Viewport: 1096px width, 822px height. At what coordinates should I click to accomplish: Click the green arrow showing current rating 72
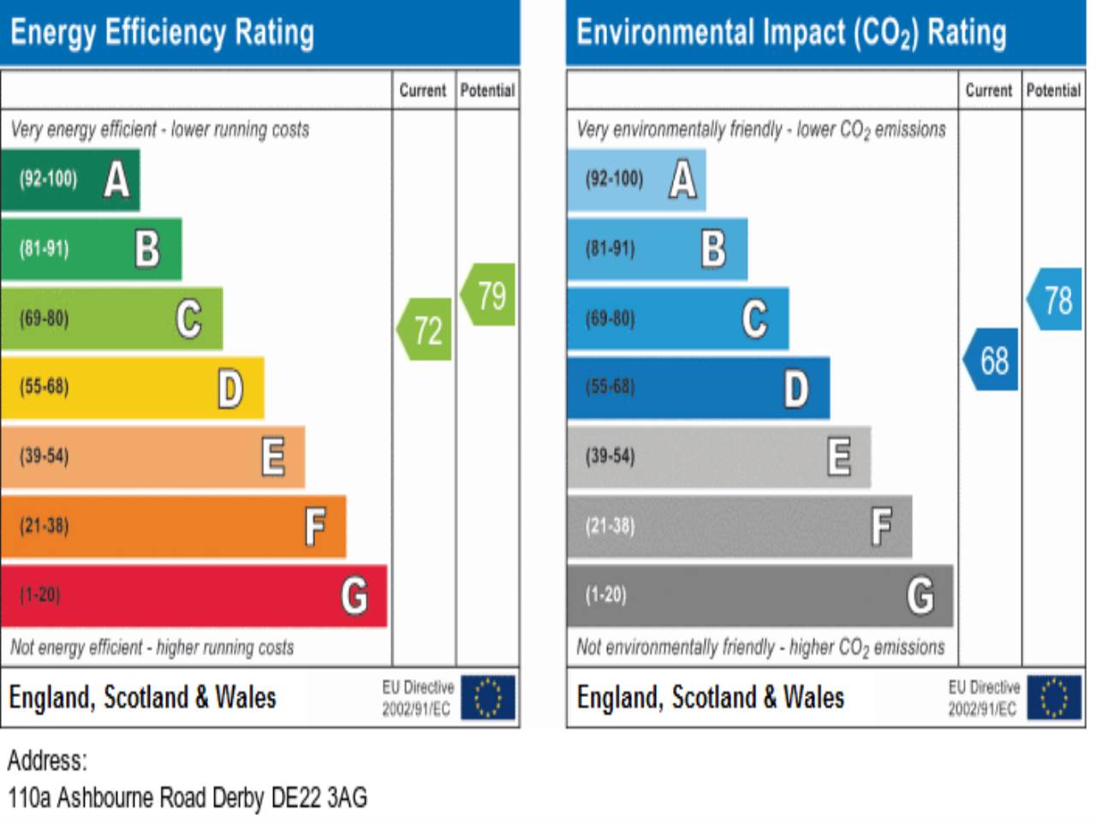425,330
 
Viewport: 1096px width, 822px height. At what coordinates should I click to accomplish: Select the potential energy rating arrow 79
489,295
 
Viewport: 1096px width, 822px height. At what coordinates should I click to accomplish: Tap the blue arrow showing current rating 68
992,360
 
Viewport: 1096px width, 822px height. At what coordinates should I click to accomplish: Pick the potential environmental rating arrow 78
1055,300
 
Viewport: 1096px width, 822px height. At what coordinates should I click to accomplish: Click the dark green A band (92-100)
70,180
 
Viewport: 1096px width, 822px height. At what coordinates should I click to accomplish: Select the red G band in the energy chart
194,595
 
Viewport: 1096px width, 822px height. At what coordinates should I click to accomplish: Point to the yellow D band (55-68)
133,388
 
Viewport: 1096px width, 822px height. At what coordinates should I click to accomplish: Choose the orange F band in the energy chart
173,526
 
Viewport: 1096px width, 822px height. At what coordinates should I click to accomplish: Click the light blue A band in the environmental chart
636,180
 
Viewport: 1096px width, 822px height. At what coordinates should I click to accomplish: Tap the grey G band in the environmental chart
759,595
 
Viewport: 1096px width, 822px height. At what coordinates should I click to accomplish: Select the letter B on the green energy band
147,249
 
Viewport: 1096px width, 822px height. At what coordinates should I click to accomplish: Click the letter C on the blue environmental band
754,319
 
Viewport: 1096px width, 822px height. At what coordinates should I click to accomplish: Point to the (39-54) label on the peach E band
45,456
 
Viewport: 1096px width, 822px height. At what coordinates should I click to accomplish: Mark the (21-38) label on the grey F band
611,526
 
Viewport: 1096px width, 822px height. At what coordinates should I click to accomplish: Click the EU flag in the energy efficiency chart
488,697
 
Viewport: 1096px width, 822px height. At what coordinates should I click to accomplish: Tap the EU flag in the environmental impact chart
1054,697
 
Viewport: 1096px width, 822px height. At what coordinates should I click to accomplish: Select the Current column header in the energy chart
423,90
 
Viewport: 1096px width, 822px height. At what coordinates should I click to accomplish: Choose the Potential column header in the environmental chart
1053,90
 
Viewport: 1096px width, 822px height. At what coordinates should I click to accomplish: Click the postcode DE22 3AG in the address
319,798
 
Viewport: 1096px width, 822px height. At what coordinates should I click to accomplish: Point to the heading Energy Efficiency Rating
163,33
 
